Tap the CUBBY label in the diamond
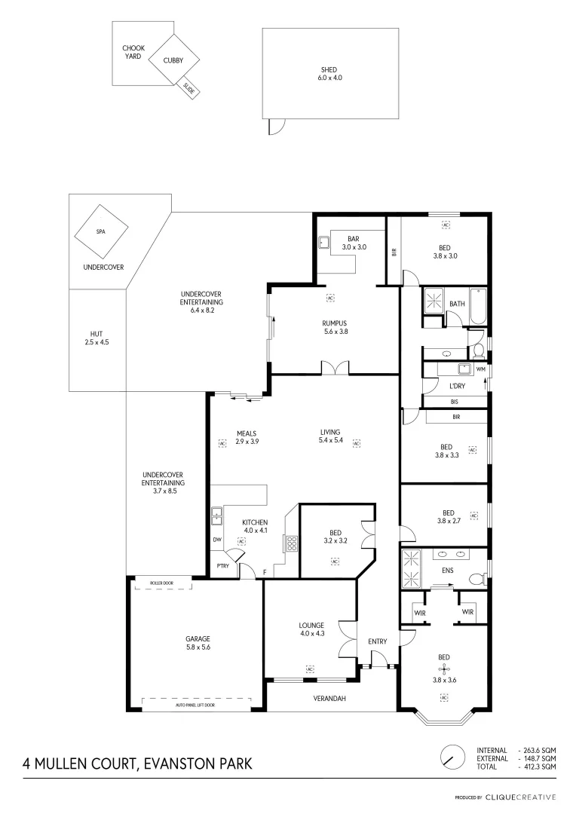173,61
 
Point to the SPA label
100,232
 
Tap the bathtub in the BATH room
478,307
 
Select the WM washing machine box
480,369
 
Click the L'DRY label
457,386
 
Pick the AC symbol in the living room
356,443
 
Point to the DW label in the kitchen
217,540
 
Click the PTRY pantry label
222,565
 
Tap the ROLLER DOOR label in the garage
162,583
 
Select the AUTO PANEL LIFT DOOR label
195,705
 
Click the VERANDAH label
330,699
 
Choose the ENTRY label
377,642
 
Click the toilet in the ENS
476,579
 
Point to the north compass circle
452,756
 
